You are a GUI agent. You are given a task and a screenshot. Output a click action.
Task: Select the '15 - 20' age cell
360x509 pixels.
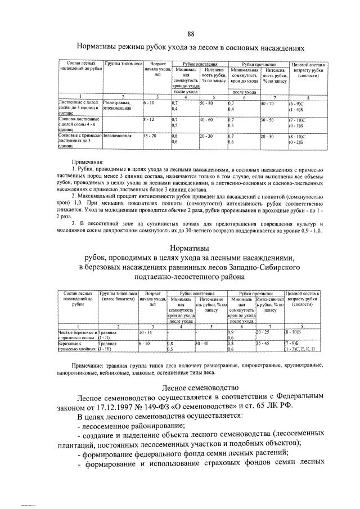point(151,136)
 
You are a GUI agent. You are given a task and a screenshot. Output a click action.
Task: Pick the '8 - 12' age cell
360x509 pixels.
point(149,120)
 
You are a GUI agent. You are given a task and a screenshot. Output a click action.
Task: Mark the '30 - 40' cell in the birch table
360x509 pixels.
point(202,342)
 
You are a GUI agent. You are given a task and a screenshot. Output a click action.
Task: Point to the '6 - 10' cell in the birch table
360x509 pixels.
point(145,342)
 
